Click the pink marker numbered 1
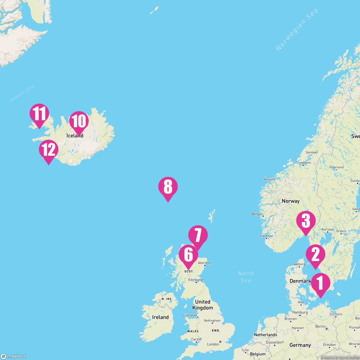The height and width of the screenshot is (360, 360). [x=320, y=284]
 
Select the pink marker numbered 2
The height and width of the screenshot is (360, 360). [x=315, y=255]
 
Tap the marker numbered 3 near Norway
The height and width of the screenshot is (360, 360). [x=306, y=221]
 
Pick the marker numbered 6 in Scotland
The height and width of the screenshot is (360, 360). [x=188, y=255]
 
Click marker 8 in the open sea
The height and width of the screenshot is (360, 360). [x=168, y=187]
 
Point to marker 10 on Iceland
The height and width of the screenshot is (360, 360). [x=79, y=121]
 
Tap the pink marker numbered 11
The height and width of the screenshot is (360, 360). [x=39, y=114]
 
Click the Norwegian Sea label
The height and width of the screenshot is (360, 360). [x=297, y=30]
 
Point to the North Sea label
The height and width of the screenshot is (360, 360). [x=246, y=277]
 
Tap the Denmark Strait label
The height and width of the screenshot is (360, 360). [x=23, y=94]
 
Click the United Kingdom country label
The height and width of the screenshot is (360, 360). [x=202, y=304]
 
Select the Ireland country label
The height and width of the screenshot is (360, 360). [x=160, y=317]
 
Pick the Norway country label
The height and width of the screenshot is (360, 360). [x=290, y=201]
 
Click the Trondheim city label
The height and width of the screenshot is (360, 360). [x=303, y=163]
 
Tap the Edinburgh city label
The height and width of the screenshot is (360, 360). [x=196, y=280]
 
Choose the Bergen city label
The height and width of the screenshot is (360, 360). [x=257, y=214]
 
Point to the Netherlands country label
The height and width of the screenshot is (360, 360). [x=265, y=334]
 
